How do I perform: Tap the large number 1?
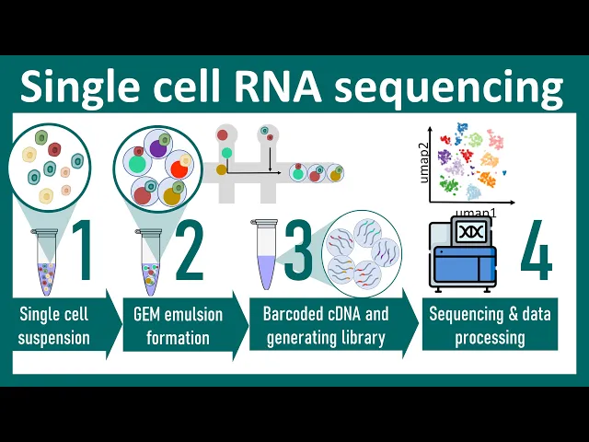click(81, 252)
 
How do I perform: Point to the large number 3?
click(298, 252)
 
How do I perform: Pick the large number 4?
click(537, 252)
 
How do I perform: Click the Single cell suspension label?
click(55, 326)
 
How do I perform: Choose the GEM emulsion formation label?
click(178, 326)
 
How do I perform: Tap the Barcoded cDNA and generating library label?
click(327, 326)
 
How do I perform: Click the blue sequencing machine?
click(465, 262)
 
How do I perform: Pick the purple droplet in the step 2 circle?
click(158, 146)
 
